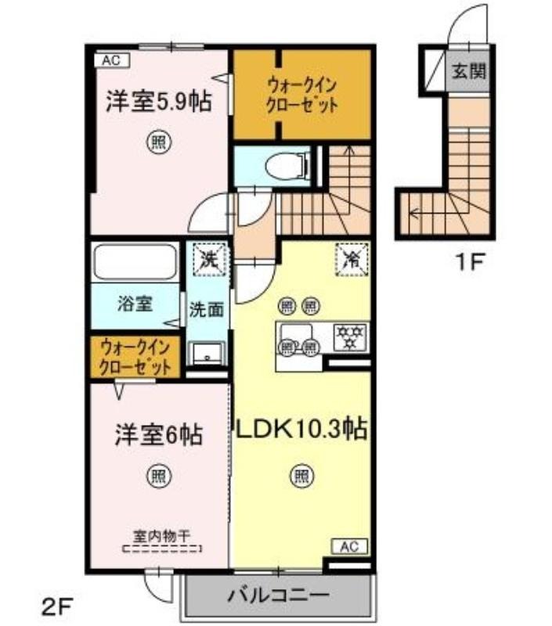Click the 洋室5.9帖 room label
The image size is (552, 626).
[x=159, y=102]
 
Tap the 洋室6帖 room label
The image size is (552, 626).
[x=159, y=434]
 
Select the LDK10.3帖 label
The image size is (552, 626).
[x=302, y=429]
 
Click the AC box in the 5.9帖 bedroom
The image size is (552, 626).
[x=111, y=60]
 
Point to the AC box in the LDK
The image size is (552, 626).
[x=349, y=546]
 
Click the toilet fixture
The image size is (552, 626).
[x=287, y=166]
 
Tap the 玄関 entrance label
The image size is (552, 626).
[x=469, y=71]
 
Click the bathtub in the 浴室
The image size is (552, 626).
[x=135, y=262]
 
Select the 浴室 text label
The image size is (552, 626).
[x=135, y=304]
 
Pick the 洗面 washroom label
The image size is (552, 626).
[x=206, y=309]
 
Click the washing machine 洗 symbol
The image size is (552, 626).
[x=210, y=260]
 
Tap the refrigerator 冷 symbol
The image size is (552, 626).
[x=352, y=260]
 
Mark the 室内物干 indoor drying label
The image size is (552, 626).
[x=161, y=536]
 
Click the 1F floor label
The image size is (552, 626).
[x=470, y=262]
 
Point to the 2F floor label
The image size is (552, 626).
[x=56, y=608]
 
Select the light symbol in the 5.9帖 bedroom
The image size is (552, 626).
[x=159, y=142]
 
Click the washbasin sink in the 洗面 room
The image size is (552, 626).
[x=207, y=354]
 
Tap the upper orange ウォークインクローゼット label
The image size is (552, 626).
[x=302, y=95]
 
